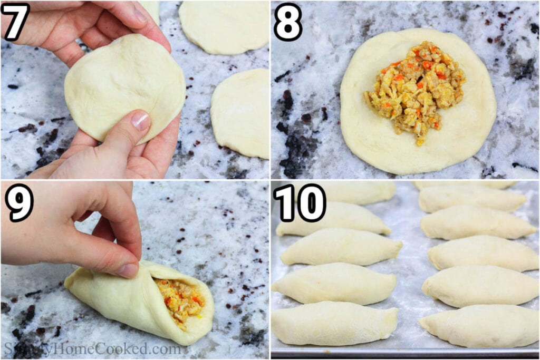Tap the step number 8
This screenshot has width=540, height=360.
point(288,21)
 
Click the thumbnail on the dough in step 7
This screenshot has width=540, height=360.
point(141,120)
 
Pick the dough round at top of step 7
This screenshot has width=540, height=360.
point(224,26)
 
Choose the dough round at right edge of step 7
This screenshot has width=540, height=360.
point(241,113)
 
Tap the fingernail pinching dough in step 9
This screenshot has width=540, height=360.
point(128,270)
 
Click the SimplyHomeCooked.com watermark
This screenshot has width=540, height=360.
point(92,349)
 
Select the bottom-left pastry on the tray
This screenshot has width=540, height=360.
point(334,323)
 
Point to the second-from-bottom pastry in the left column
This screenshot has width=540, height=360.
point(334,283)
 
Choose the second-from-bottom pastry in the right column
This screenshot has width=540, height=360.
point(480,286)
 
